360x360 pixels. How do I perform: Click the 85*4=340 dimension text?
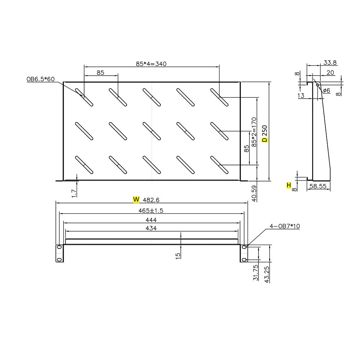(151, 64)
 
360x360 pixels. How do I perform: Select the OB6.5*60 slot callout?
(40, 79)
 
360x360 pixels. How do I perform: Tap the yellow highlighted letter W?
(136, 199)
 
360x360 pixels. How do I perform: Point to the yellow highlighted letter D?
(264, 139)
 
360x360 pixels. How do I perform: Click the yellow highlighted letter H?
(288, 185)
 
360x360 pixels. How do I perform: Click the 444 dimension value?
(151, 219)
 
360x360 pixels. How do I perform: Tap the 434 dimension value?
(151, 228)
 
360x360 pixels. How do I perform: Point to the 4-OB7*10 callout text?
(285, 226)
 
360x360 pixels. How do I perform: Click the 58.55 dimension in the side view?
(318, 186)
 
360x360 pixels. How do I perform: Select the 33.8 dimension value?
(330, 63)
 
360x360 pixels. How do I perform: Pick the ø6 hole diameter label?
(326, 90)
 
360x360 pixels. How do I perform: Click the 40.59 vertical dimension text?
(255, 193)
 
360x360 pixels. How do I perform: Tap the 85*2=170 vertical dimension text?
(254, 132)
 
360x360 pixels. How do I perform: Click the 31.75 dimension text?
(255, 273)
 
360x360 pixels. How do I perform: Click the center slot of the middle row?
(152, 131)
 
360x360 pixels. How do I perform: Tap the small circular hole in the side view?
(318, 85)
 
